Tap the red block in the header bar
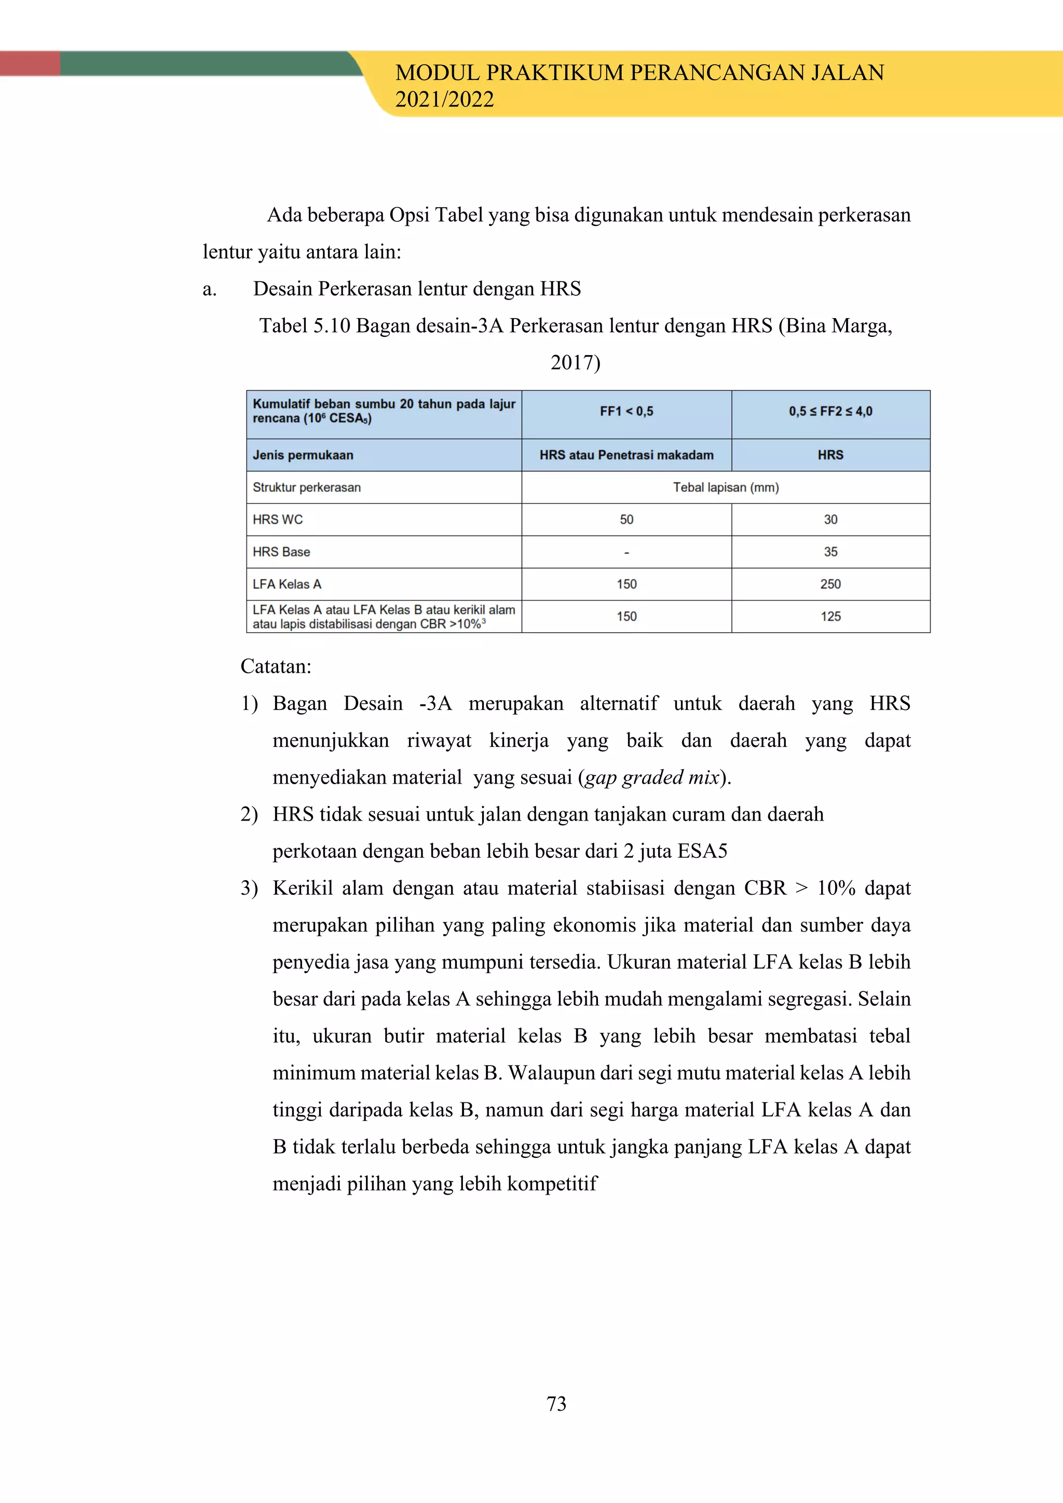[30, 63]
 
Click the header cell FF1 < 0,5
[626, 412]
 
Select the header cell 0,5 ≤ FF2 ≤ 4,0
[830, 412]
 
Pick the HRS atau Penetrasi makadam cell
[626, 455]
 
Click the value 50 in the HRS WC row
[626, 520]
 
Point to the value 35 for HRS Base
[830, 552]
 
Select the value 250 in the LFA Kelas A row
[830, 584]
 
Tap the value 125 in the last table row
[830, 617]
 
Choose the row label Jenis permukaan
[303, 455]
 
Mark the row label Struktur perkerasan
[306, 488]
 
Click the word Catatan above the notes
[276, 666]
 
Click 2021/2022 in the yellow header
[444, 100]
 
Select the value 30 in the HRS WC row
[830, 520]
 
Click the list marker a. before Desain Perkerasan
[210, 290]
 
